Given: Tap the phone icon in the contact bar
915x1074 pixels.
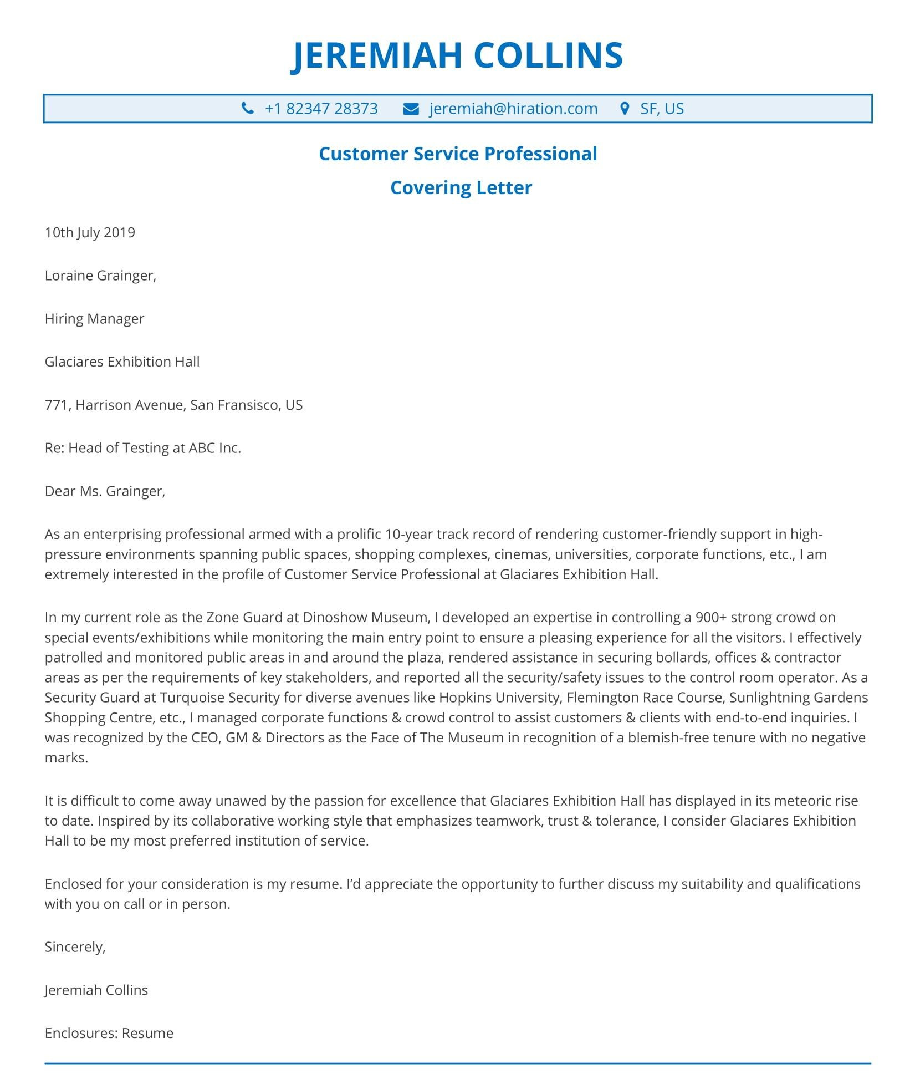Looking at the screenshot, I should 248,109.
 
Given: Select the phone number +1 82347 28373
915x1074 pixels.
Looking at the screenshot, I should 321,109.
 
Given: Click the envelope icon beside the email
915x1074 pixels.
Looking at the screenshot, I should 411,109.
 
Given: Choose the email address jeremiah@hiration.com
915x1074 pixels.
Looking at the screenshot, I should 513,109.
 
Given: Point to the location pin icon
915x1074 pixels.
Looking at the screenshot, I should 625,109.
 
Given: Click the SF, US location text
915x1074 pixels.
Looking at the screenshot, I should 662,109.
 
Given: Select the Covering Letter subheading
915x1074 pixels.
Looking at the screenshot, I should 461,187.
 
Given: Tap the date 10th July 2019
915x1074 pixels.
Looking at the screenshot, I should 90,232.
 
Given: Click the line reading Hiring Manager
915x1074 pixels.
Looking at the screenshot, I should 94,319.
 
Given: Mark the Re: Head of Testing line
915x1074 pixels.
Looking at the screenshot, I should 142,448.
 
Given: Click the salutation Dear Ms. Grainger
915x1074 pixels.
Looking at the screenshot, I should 105,491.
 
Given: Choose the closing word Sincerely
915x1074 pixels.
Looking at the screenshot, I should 75,947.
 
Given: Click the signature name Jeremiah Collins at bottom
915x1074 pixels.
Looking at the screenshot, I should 96,990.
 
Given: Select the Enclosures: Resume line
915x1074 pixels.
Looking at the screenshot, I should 109,1034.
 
